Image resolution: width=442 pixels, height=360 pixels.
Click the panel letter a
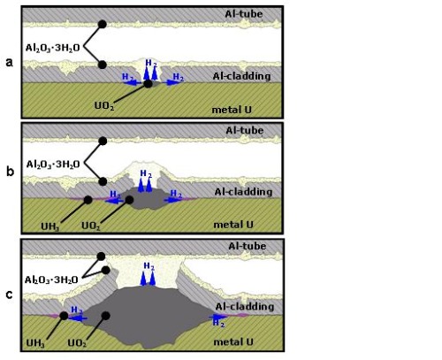(x=10, y=63)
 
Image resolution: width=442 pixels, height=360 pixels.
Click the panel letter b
(x=10, y=171)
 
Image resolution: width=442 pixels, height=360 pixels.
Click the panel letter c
(x=10, y=295)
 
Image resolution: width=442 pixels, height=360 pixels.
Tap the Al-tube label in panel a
(x=244, y=14)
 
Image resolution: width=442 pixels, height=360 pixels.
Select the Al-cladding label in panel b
(x=243, y=192)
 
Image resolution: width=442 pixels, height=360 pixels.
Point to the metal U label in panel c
(x=233, y=342)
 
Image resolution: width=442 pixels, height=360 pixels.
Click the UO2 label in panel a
(x=104, y=105)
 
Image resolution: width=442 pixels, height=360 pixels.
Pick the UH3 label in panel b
(x=50, y=226)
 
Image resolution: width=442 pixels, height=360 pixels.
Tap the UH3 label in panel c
(x=35, y=343)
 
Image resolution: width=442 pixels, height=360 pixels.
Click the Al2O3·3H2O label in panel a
(x=53, y=48)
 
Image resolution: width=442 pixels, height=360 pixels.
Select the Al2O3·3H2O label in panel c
(x=51, y=280)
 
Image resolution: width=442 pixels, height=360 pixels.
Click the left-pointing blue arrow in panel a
(x=133, y=83)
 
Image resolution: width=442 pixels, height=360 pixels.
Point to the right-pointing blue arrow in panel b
(x=174, y=200)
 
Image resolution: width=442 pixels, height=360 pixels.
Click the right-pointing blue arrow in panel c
(x=218, y=317)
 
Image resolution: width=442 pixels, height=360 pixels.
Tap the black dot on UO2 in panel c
(x=106, y=316)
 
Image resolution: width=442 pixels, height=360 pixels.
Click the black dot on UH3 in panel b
(x=88, y=200)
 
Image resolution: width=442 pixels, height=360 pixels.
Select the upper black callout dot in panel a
(x=102, y=24)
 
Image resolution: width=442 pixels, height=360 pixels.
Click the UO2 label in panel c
(x=77, y=343)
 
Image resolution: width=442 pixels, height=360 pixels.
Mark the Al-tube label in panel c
(x=248, y=246)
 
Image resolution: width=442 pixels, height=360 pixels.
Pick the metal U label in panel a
(x=232, y=110)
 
